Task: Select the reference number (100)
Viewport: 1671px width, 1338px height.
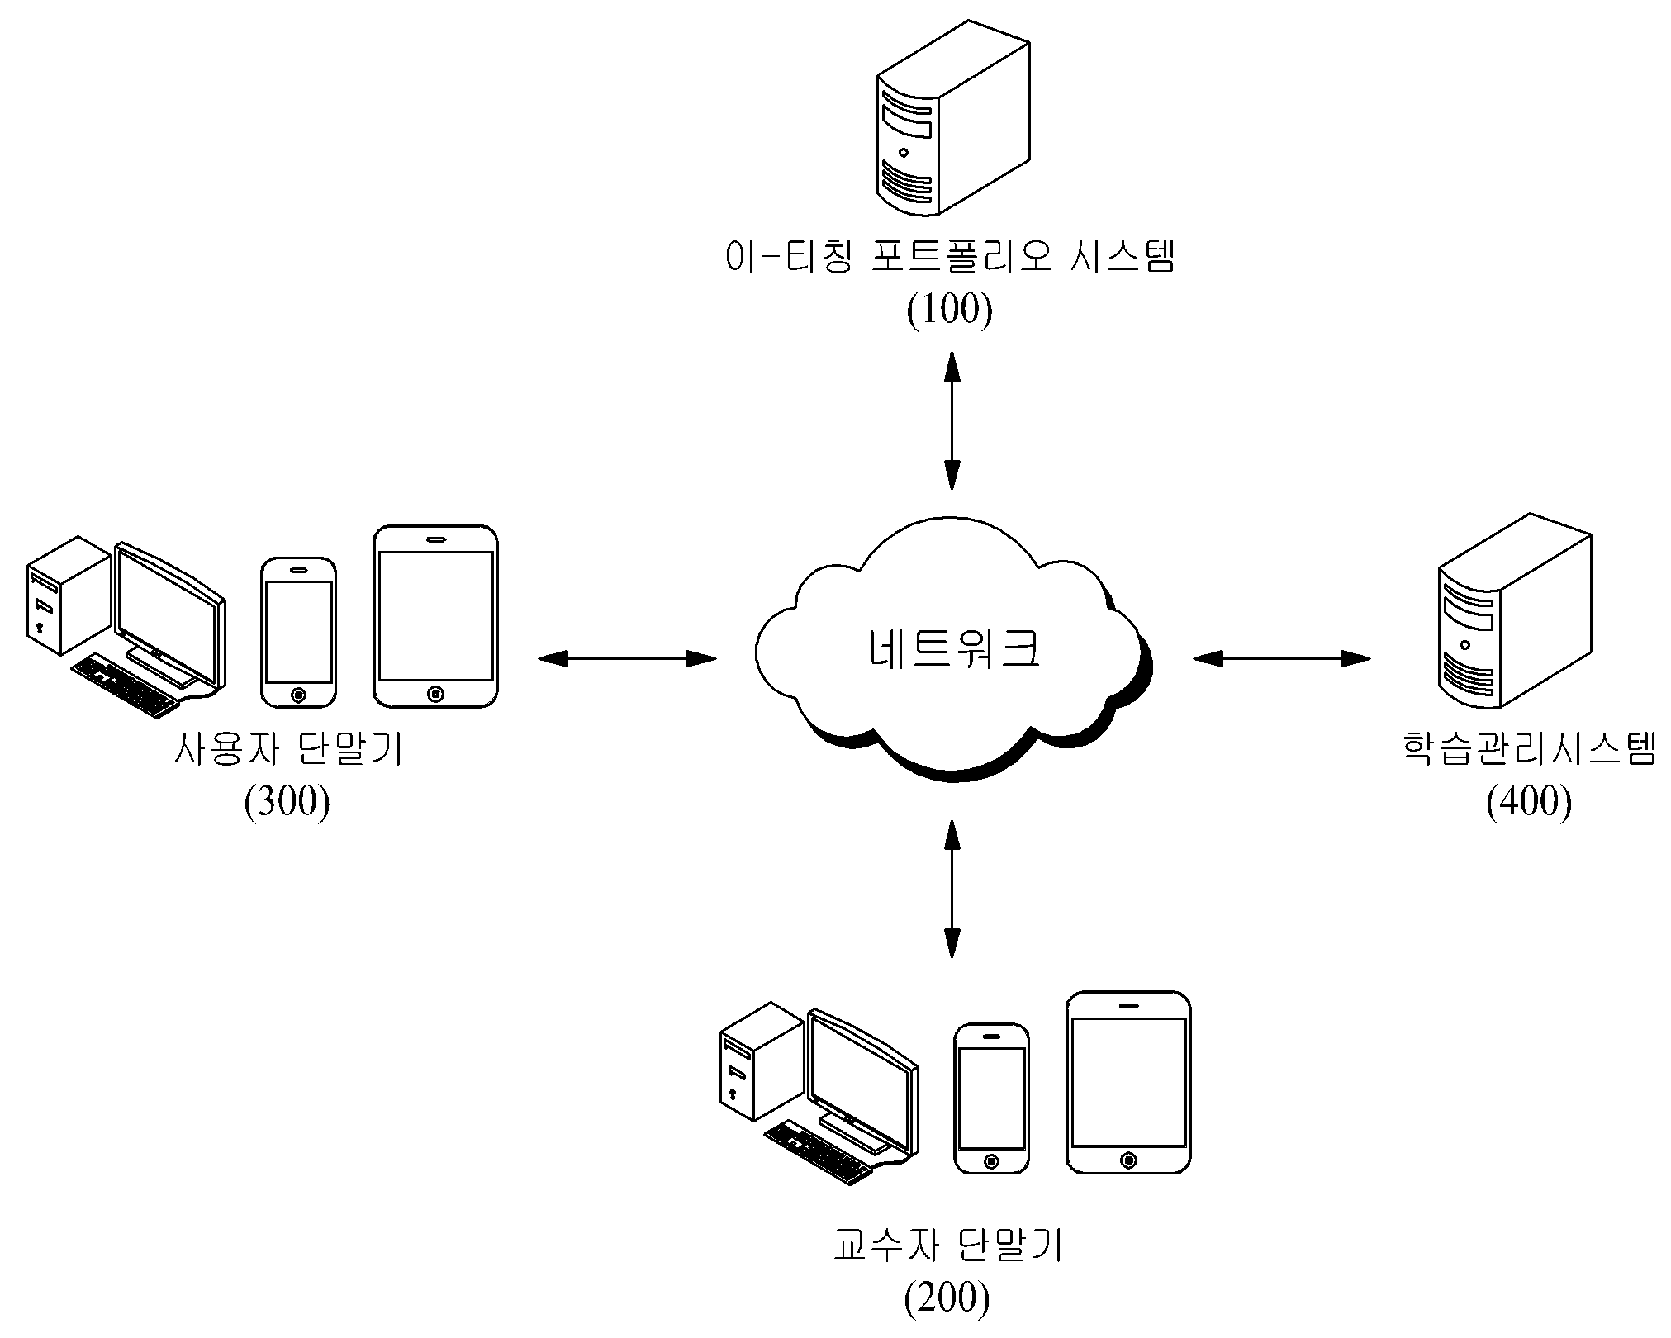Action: pyautogui.click(x=950, y=310)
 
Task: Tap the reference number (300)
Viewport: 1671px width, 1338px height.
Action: pyautogui.click(x=287, y=800)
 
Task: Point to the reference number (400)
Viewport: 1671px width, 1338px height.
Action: pyautogui.click(x=1529, y=800)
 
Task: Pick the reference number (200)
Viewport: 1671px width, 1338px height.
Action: pyautogui.click(x=947, y=1298)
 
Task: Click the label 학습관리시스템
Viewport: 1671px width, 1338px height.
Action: pyautogui.click(x=1530, y=749)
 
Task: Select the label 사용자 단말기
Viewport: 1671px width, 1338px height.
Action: pyautogui.click(x=288, y=749)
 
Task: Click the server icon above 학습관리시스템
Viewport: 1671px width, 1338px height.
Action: pyautogui.click(x=1514, y=611)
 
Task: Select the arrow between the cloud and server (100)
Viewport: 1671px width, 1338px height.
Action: pyautogui.click(x=952, y=420)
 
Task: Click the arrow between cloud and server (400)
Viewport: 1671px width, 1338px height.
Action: pyautogui.click(x=1281, y=658)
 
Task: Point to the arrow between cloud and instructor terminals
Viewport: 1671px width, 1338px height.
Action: pyautogui.click(x=952, y=889)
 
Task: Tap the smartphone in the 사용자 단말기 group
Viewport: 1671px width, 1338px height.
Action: pyautogui.click(x=298, y=633)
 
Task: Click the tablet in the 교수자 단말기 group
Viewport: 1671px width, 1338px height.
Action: pyautogui.click(x=1128, y=1082)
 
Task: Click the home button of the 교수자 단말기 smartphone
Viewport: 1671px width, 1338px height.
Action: pyautogui.click(x=991, y=1161)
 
